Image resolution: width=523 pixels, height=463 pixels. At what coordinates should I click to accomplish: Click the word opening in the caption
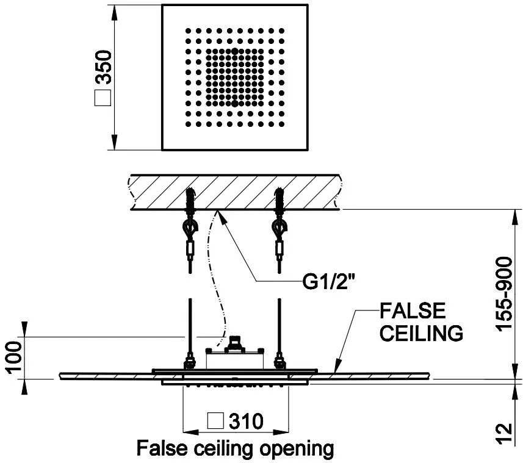click(x=297, y=449)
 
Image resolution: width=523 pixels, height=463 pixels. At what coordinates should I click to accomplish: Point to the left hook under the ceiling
click(x=189, y=230)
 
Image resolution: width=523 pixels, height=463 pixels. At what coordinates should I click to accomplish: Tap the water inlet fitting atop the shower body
click(x=235, y=343)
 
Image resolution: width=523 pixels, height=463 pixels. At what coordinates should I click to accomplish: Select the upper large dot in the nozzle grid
click(x=235, y=51)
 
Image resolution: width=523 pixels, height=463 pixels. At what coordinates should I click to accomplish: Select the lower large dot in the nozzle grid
click(x=235, y=103)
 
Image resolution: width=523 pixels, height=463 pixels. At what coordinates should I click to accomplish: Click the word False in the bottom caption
click(x=157, y=449)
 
